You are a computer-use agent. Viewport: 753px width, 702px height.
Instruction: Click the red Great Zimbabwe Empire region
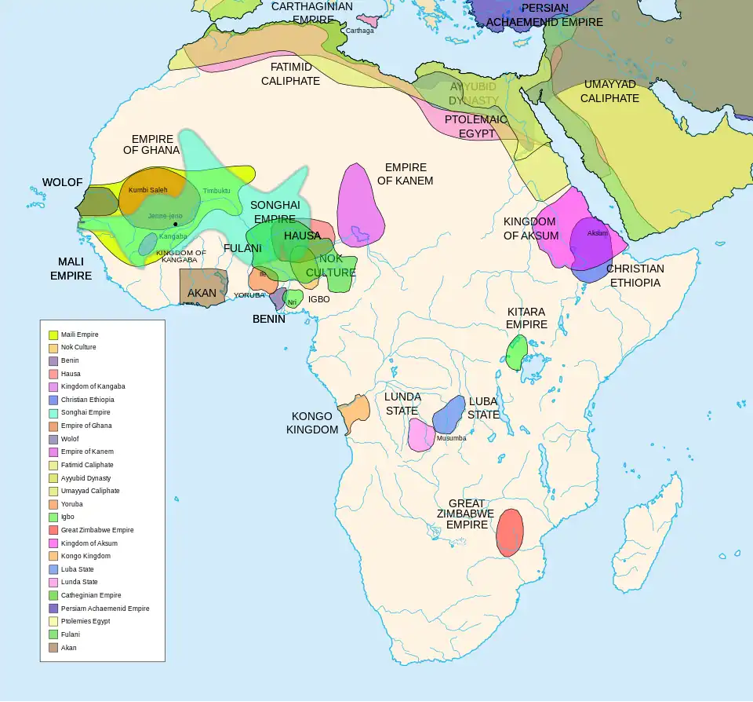click(510, 532)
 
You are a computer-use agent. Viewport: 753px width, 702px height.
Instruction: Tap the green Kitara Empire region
click(516, 353)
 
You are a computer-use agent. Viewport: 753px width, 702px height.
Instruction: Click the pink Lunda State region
click(420, 435)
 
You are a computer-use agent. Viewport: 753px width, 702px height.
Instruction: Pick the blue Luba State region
click(449, 413)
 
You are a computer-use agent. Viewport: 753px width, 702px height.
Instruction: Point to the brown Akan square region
click(203, 287)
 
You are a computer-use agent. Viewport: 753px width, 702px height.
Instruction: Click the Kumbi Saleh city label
click(147, 190)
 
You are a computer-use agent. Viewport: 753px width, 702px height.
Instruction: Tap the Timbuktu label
click(216, 191)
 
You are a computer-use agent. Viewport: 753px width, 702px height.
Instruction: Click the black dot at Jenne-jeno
click(175, 225)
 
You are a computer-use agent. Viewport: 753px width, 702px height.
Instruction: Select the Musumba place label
click(451, 438)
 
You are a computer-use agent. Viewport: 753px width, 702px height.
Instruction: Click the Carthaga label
click(360, 31)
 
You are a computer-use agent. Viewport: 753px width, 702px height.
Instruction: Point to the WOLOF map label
click(63, 182)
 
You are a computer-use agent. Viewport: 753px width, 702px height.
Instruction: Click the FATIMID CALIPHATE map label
click(290, 74)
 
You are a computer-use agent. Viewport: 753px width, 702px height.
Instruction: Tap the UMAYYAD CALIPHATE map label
click(611, 91)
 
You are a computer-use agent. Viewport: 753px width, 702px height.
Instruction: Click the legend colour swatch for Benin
click(53, 361)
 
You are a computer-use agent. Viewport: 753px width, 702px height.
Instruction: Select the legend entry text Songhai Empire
click(85, 412)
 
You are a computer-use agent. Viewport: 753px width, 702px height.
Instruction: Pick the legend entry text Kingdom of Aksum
click(89, 543)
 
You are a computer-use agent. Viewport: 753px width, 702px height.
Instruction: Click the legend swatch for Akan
click(53, 648)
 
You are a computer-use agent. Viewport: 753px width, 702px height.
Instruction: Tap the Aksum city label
click(597, 233)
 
